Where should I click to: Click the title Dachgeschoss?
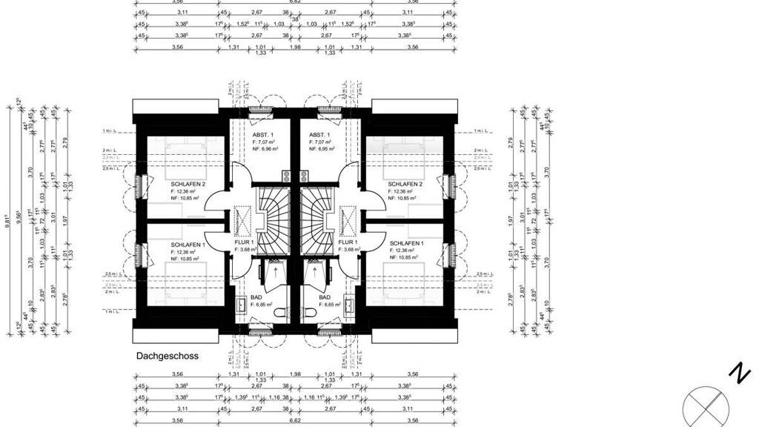click(167, 356)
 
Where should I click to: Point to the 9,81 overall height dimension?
click(8, 219)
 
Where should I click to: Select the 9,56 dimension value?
click(19, 219)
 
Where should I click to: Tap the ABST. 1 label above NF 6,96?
click(262, 133)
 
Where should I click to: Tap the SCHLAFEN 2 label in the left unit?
click(188, 184)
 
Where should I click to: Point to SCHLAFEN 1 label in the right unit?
click(407, 243)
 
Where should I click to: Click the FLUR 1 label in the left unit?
click(245, 242)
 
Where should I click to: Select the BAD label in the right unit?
click(325, 296)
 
